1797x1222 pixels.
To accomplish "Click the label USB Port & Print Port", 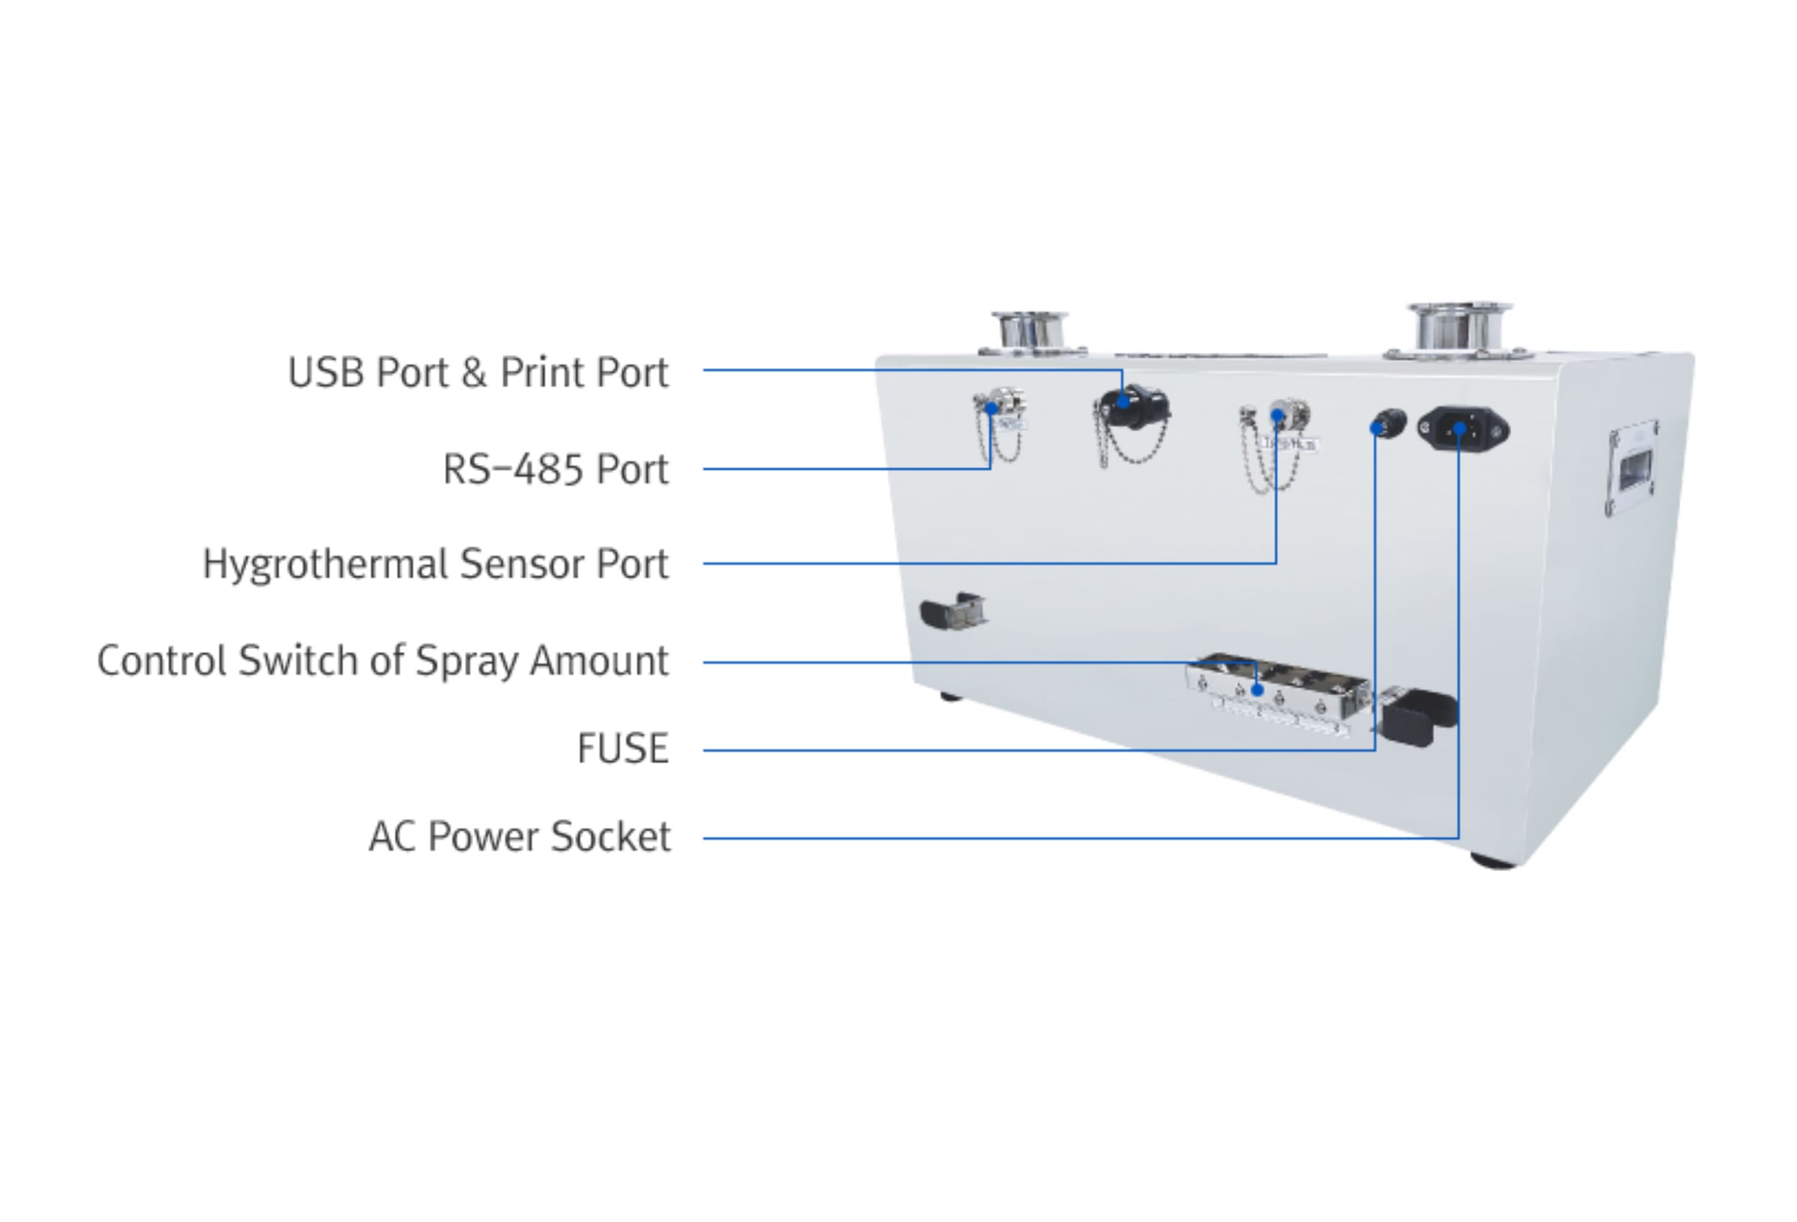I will [477, 373].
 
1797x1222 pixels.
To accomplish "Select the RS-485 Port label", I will [554, 469].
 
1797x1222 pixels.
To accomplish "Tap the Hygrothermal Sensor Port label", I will [435, 564].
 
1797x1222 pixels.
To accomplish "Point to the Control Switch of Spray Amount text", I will [382, 661].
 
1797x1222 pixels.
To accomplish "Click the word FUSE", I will [622, 749].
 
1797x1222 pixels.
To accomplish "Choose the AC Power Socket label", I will [520, 837].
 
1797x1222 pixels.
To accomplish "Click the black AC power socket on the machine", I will [1463, 429].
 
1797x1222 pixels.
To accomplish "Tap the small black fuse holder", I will [1387, 425].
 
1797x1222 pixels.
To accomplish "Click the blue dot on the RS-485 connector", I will [991, 408].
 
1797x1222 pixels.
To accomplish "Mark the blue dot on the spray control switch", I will [1257, 690].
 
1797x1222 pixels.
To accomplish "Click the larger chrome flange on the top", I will [1458, 329].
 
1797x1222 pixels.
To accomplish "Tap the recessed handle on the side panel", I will [1633, 469].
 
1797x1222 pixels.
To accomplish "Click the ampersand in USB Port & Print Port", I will [473, 373].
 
